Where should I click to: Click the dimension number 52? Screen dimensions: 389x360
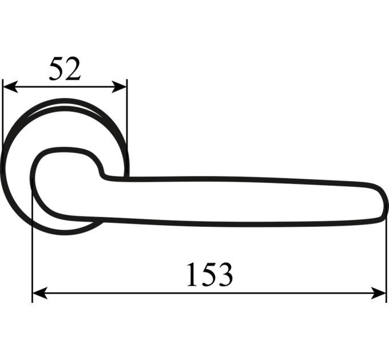(65, 69)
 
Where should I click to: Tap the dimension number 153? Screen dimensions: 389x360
(209, 274)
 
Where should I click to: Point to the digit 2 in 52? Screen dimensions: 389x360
(73, 69)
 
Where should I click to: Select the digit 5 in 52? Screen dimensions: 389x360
(57, 69)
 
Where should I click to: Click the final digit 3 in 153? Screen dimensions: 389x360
(225, 274)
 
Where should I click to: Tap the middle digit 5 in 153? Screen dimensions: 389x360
(208, 274)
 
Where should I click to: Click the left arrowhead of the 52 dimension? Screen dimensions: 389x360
(10, 87)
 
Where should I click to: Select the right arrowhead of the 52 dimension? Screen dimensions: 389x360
(120, 87)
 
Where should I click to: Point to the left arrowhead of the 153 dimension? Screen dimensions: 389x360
(40, 293)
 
